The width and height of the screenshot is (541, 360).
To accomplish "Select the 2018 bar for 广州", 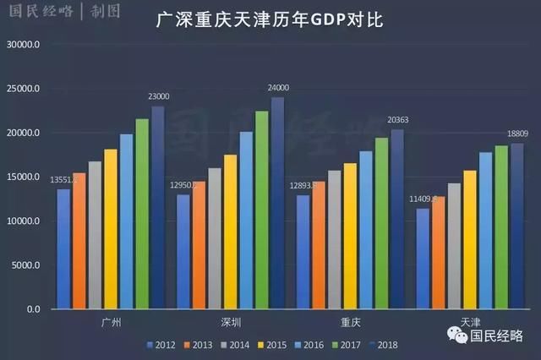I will pyautogui.click(x=158, y=208).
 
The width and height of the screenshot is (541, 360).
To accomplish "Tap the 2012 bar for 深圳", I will pyautogui.click(x=183, y=252).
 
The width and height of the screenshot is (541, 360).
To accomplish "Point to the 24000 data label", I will pyautogui.click(x=278, y=88).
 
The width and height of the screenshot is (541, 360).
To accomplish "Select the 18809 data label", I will pyautogui.click(x=517, y=134).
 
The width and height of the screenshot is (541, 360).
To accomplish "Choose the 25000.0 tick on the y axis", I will pyautogui.click(x=32, y=89).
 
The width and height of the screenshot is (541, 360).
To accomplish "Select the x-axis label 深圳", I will pyautogui.click(x=231, y=322).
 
